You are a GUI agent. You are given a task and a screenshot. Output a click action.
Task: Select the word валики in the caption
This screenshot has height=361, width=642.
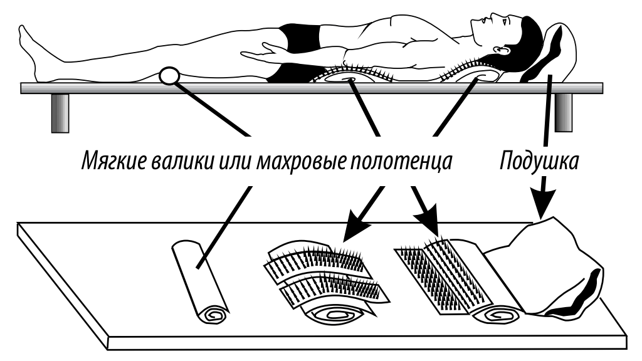pyautogui.click(x=177, y=162)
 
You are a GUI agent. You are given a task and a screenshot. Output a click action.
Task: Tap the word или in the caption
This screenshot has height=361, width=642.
pyautogui.click(x=228, y=162)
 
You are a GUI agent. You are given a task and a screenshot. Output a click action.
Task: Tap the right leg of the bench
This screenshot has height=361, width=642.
pyautogui.click(x=563, y=112)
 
